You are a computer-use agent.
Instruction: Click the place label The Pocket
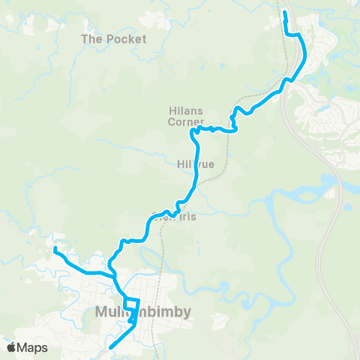tap(114, 38)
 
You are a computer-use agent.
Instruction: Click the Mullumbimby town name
tap(143, 311)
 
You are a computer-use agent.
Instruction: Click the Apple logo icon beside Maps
tap(12, 347)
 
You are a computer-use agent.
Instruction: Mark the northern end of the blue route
tap(285, 12)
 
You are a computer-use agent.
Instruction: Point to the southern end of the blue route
tap(111, 347)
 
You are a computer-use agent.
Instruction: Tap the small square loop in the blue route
tap(132, 304)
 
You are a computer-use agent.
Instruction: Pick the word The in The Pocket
tap(92, 38)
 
